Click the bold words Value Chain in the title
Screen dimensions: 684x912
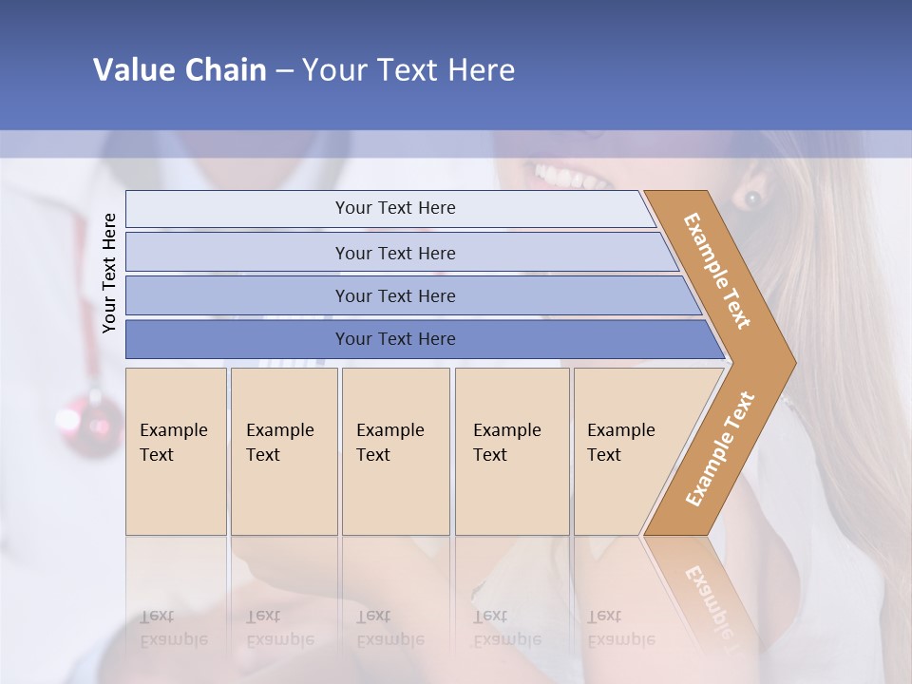(x=180, y=70)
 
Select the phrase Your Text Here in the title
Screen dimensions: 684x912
(x=408, y=70)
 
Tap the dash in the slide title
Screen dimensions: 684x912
(x=284, y=71)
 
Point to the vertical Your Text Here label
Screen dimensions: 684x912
(x=109, y=273)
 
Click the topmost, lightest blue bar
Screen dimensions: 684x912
(x=395, y=208)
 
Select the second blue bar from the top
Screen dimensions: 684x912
(x=395, y=253)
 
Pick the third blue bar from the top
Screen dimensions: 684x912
(x=395, y=295)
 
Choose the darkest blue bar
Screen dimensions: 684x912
(x=395, y=339)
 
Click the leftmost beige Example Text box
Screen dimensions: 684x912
(x=176, y=451)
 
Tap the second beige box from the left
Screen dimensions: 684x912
(x=284, y=451)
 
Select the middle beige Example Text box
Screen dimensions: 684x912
(x=395, y=451)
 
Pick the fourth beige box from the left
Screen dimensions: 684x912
(x=512, y=451)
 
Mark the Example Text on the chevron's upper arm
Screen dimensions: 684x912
(x=717, y=271)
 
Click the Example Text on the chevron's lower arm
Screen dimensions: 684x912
(x=719, y=448)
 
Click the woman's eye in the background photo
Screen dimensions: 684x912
(x=752, y=199)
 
